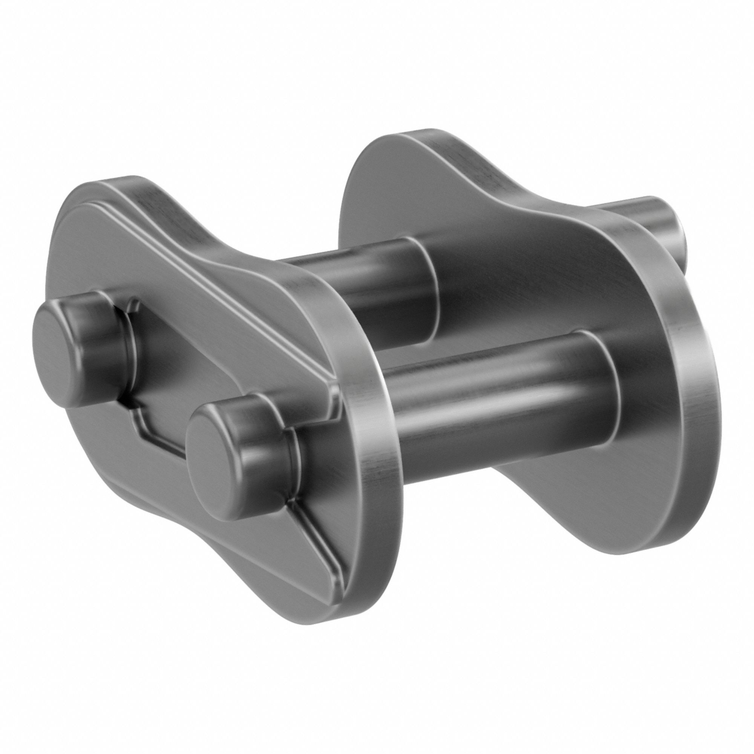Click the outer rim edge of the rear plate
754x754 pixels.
695,390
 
